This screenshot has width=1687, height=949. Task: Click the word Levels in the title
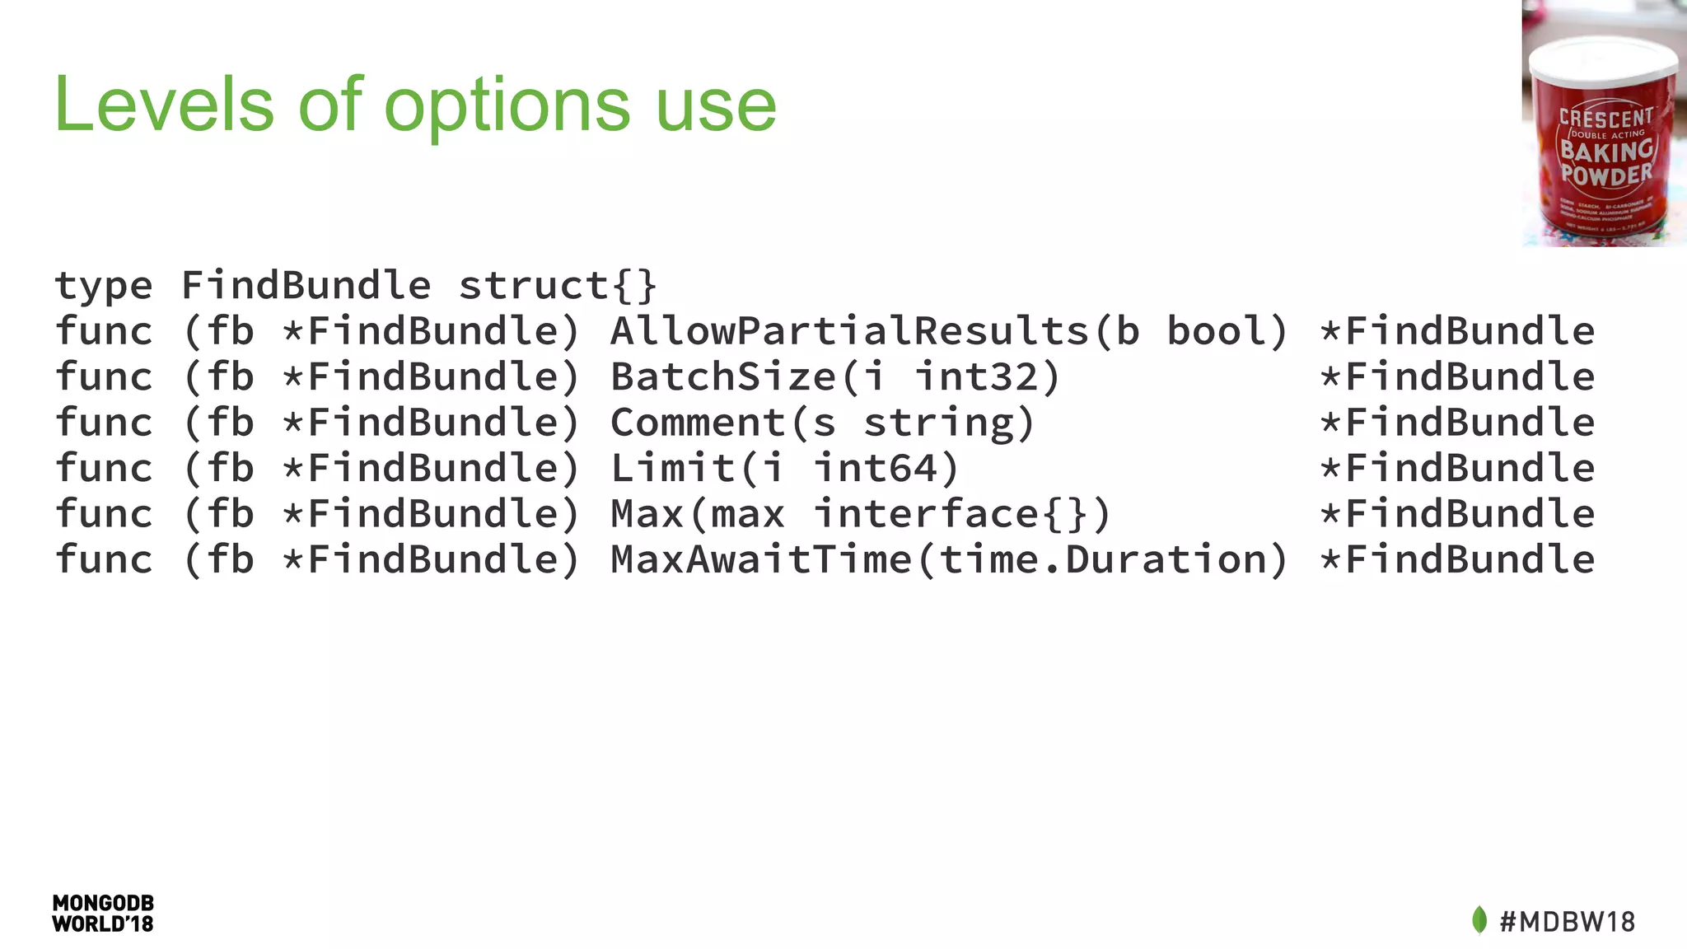click(164, 105)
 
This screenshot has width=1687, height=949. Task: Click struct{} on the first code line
click(558, 286)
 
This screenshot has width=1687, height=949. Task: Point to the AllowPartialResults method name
click(849, 331)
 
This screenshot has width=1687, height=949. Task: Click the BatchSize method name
click(722, 377)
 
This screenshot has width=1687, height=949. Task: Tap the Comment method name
click(697, 423)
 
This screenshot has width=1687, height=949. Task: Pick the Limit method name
click(671, 468)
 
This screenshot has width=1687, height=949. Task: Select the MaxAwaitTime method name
click(760, 559)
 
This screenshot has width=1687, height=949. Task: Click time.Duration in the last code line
click(1101, 559)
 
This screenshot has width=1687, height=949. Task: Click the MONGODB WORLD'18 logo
click(103, 914)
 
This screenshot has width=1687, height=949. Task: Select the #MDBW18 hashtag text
click(1567, 921)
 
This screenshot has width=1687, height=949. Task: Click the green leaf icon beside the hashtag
click(1479, 920)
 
